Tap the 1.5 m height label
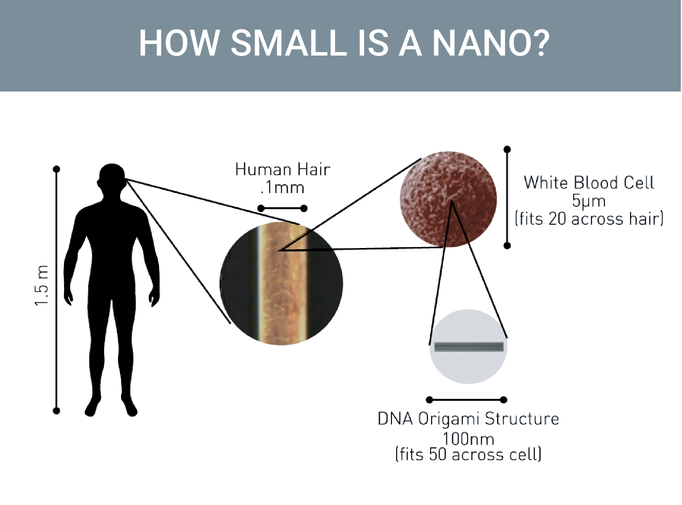point(42,286)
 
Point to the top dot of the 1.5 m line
point(57,169)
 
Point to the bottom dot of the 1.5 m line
point(57,411)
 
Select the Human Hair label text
point(283,169)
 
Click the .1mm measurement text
point(283,188)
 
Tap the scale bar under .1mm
point(283,209)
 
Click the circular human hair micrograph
point(281,284)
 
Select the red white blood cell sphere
point(448,199)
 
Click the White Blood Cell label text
point(589,183)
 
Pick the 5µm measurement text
point(589,201)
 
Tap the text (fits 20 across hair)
point(589,219)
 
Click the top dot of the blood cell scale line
point(507,149)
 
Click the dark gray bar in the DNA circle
point(469,347)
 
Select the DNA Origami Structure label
point(468,419)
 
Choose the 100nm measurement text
point(468,439)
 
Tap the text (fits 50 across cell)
point(468,454)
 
